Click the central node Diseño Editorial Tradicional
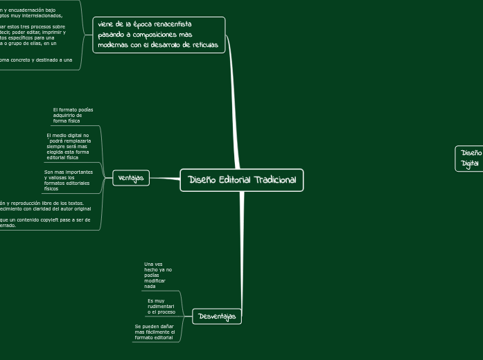242,180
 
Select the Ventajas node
131,178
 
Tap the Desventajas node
216,316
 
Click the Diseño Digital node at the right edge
471,158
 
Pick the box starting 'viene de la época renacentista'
159,35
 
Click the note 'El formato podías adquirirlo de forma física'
73,115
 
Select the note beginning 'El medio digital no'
68,146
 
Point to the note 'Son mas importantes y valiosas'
68,180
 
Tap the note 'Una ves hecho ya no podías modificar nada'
158,275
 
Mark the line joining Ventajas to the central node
165,179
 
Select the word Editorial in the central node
234,180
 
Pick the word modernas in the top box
112,45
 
